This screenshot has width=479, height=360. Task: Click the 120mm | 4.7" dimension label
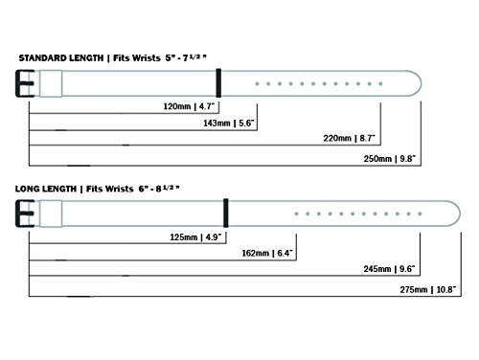pos(189,106)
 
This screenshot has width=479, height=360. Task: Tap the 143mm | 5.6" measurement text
pos(229,123)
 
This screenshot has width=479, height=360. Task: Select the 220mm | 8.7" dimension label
pos(349,138)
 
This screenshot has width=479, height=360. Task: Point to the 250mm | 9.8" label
pos(390,159)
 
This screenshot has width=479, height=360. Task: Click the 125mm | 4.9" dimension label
pos(195,237)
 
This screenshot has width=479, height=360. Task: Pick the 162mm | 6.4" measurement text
pos(267,253)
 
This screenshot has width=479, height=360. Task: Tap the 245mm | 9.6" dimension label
pos(389,269)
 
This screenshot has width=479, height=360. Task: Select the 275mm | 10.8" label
pos(428,289)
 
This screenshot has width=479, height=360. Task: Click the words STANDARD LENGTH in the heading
pos(61,58)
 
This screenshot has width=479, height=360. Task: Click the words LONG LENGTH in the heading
pos(46,189)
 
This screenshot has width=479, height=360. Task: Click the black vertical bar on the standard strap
pos(218,83)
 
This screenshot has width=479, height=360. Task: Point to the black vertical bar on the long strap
pos(226,213)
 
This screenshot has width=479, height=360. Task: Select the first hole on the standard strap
pos(257,84)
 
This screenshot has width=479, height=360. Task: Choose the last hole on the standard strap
pos(380,84)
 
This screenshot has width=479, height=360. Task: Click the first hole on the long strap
pos(296,214)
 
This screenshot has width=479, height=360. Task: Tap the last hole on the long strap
pos(420,214)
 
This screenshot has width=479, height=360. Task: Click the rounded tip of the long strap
pos(460,214)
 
